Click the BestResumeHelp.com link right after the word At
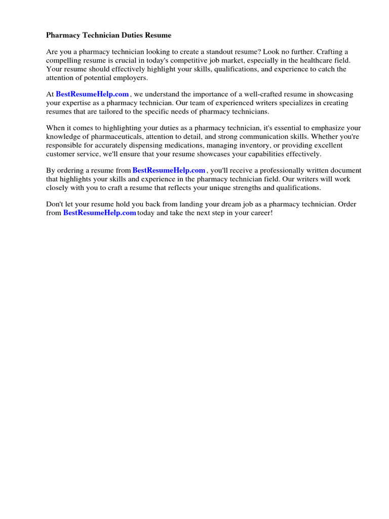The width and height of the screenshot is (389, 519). point(93,94)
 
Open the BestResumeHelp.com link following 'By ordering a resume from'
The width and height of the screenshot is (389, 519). point(169,170)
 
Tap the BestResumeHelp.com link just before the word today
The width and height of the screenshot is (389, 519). point(99,213)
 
